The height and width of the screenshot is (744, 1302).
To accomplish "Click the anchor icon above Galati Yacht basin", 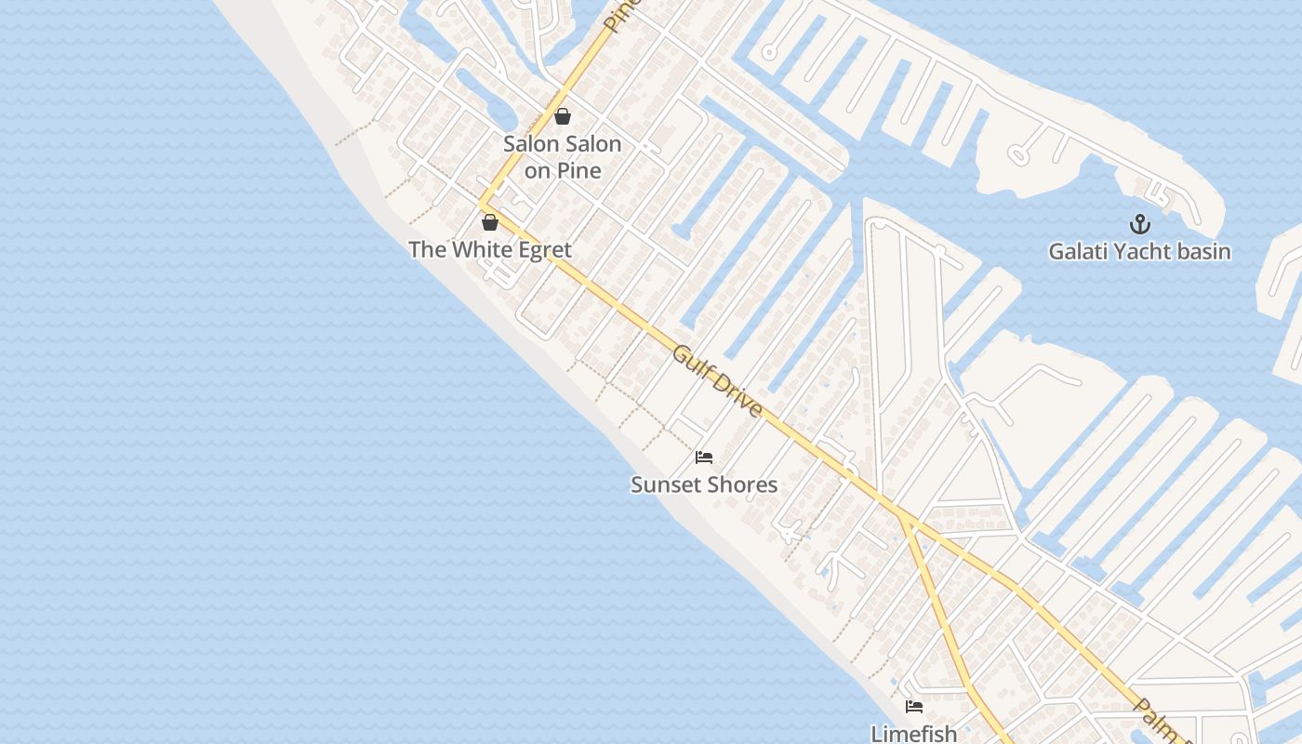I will tap(1139, 224).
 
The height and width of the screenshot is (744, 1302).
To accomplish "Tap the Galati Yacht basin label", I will tap(1139, 251).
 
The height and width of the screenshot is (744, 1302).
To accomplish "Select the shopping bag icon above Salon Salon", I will tap(562, 116).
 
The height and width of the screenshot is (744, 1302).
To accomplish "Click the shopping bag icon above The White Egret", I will tap(490, 222).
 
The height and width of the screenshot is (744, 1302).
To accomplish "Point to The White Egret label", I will tap(490, 249).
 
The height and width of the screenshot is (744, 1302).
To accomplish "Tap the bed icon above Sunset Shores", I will tap(704, 458).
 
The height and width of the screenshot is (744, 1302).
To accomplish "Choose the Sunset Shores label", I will tap(704, 485).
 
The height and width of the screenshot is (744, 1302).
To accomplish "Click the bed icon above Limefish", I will tap(914, 707).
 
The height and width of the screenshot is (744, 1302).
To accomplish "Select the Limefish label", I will tap(914, 733).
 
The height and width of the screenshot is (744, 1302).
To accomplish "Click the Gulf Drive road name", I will tap(717, 382).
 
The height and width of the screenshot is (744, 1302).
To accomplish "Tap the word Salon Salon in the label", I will tap(562, 144).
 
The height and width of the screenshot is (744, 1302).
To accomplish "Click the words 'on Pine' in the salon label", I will tap(562, 170).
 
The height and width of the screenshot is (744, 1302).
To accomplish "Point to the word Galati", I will tap(1077, 251).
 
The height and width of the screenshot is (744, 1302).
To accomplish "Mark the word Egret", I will tap(543, 249).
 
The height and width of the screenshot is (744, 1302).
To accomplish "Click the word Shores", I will tap(746, 485).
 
